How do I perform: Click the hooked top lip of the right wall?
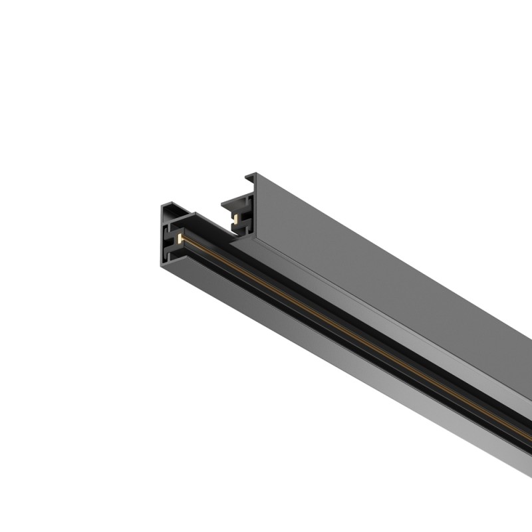pyautogui.click(x=251, y=178)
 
